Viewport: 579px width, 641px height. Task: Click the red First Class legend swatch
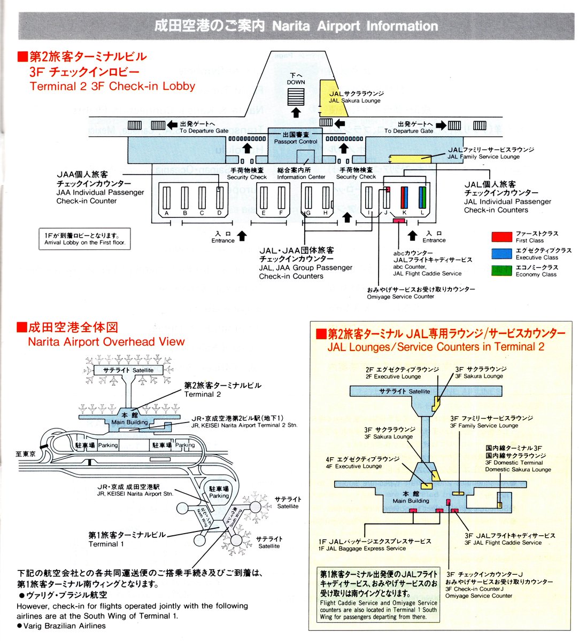(501, 237)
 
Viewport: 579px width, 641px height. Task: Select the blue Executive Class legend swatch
(501, 254)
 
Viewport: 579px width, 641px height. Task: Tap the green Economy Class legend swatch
(501, 270)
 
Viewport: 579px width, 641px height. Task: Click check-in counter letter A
(167, 213)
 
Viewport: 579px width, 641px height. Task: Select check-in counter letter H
(325, 213)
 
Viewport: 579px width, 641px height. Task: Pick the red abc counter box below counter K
(399, 221)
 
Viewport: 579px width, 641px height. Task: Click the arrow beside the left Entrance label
(242, 236)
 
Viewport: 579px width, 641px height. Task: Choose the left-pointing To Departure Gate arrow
(172, 125)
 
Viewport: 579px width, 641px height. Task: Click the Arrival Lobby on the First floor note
(84, 239)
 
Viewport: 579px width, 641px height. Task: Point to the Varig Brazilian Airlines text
(64, 626)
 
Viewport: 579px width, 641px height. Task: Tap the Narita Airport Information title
(296, 26)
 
